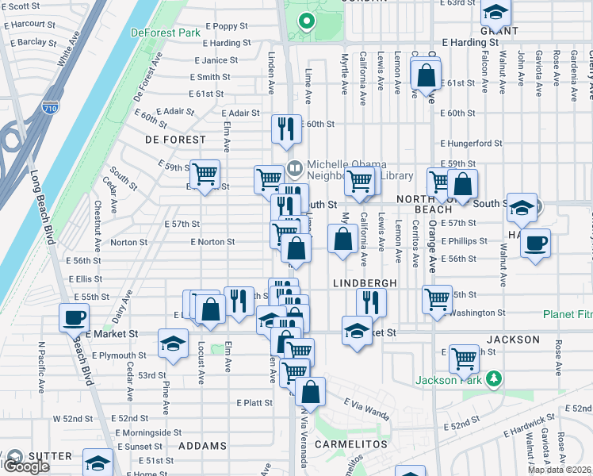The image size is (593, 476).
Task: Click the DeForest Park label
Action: (x=164, y=33)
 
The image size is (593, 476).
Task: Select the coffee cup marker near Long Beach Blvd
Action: (x=74, y=319)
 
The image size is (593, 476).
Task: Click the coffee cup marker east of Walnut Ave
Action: (x=535, y=242)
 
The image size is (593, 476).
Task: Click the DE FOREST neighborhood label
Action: (x=164, y=139)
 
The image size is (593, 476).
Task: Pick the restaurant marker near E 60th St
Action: (x=286, y=129)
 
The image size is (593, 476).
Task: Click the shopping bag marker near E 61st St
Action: (x=426, y=76)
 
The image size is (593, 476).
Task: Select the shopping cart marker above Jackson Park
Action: (x=464, y=359)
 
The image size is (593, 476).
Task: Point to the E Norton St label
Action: (x=212, y=242)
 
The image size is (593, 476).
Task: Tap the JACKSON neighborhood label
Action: (x=513, y=340)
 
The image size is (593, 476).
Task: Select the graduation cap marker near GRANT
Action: (x=496, y=12)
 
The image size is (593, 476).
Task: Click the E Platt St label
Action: (x=254, y=403)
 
